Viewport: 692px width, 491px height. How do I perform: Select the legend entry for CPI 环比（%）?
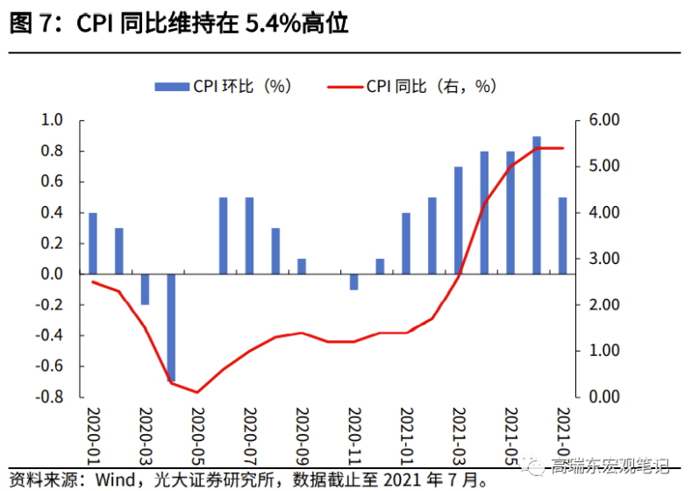point(223,86)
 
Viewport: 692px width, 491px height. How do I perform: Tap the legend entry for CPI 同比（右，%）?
point(411,86)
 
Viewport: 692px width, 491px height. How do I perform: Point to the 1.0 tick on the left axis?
point(53,120)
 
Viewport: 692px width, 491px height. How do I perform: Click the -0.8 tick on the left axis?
point(50,397)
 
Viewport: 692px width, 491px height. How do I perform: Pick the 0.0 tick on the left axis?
point(53,274)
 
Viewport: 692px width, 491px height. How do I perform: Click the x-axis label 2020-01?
point(94,432)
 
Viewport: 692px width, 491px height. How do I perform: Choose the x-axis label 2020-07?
point(249,432)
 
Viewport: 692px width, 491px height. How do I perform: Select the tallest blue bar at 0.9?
point(537,205)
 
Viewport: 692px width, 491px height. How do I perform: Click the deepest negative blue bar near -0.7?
point(171,328)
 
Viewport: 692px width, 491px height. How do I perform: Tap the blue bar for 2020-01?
point(93,244)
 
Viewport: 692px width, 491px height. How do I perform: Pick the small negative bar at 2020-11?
point(353,281)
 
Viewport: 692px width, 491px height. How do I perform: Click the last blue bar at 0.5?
point(562,236)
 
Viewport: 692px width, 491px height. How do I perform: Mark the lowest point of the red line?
point(197,392)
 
